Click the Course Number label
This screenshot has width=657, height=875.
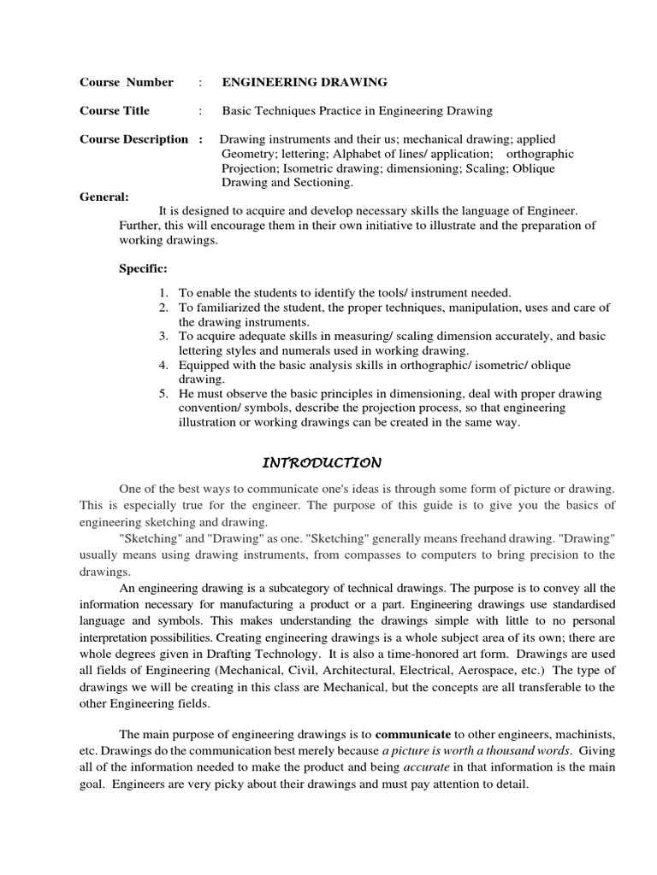126,83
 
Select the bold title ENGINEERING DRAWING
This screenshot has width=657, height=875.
305,83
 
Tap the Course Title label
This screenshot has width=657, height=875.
115,111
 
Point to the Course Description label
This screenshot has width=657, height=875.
133,139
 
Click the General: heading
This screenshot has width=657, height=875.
104,196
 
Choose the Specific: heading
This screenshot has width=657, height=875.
143,269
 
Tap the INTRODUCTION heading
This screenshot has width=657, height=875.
321,463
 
